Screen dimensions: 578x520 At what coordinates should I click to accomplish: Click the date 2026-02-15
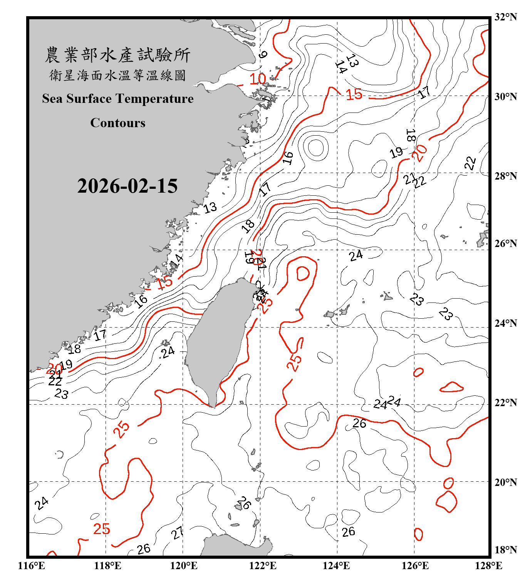pos(127,186)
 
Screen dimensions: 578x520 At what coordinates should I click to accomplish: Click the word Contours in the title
pos(118,123)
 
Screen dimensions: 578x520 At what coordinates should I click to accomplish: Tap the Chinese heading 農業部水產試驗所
pos(117,55)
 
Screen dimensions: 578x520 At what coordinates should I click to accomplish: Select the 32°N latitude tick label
pos(505,17)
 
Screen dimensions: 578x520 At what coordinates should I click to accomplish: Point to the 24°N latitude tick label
pos(505,323)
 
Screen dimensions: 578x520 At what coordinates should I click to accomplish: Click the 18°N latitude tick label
pos(505,549)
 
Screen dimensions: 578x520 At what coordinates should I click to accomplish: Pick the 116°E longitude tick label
pos(32,566)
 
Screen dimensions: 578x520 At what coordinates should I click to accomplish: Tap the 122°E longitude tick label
pos(263,566)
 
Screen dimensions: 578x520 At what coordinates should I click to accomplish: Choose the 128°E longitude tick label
pos(488,566)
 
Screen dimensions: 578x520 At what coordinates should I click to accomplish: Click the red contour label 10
pos(258,79)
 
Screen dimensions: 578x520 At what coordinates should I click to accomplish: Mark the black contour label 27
pos(178,533)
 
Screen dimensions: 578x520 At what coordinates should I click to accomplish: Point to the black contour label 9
pos(263,54)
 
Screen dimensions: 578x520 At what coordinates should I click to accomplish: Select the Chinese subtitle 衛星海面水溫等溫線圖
pos(117,75)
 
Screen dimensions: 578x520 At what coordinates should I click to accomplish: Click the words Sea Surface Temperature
pos(118,99)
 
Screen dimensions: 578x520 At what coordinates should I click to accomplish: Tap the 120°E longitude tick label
pos(184,566)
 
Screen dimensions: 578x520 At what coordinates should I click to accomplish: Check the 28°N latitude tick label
pos(505,176)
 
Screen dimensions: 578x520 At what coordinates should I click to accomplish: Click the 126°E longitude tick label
pos(415,566)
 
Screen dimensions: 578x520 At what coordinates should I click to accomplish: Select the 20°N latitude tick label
pos(505,482)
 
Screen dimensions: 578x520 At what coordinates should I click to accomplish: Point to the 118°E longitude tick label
pos(107,566)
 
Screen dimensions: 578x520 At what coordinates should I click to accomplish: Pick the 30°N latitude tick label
pos(505,97)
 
